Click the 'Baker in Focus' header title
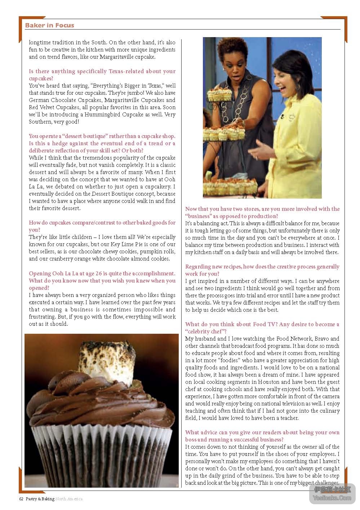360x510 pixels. pos(50,25)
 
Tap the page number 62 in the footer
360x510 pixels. pos(21,499)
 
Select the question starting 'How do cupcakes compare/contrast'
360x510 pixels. pos(102,226)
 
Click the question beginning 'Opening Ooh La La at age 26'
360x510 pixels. pos(102,280)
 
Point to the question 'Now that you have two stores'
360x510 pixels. pos(262,212)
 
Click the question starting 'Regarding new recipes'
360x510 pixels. pos(262,270)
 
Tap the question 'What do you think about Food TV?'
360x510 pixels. pos(262,328)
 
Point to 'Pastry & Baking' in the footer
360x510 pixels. pos(40,499)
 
